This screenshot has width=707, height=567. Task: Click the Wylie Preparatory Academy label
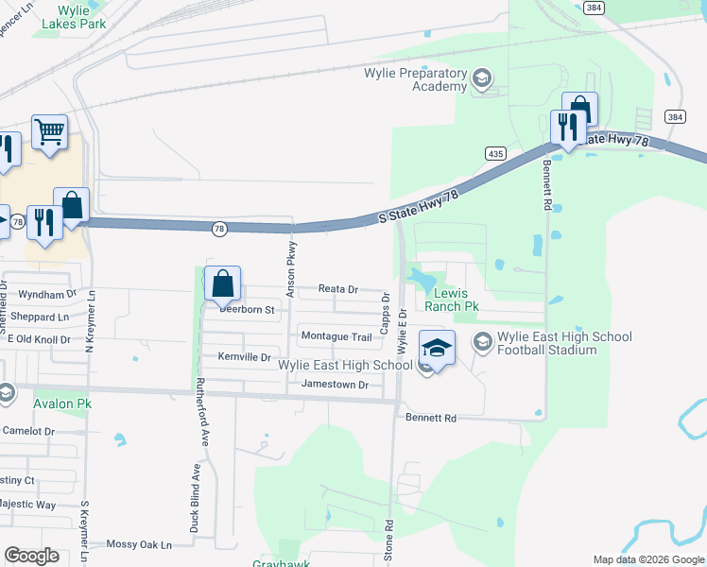coord(416,79)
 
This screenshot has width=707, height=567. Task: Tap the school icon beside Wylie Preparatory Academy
coord(482,78)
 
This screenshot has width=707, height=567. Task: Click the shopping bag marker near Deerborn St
coord(223,283)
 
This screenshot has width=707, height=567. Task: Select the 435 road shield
coord(495,153)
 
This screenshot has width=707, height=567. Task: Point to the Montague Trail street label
coord(336,336)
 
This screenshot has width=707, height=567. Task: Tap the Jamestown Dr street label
coord(335,385)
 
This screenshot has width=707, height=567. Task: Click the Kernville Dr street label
coord(244,357)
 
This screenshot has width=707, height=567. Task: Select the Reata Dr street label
coord(338,289)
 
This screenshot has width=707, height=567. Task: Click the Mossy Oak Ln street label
coord(139,544)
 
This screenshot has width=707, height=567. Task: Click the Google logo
coord(32,556)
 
